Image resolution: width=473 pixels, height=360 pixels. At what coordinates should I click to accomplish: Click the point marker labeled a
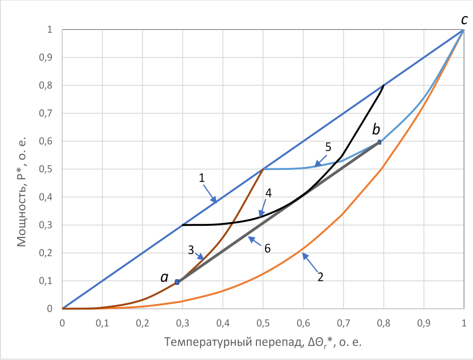[177, 282]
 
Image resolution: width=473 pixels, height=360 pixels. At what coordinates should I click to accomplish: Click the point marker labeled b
[380, 142]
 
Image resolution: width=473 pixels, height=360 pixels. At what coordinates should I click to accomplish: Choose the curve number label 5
[328, 147]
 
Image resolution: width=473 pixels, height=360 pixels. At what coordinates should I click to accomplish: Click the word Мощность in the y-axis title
[22, 212]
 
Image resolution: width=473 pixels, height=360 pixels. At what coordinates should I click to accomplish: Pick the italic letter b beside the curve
[376, 130]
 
